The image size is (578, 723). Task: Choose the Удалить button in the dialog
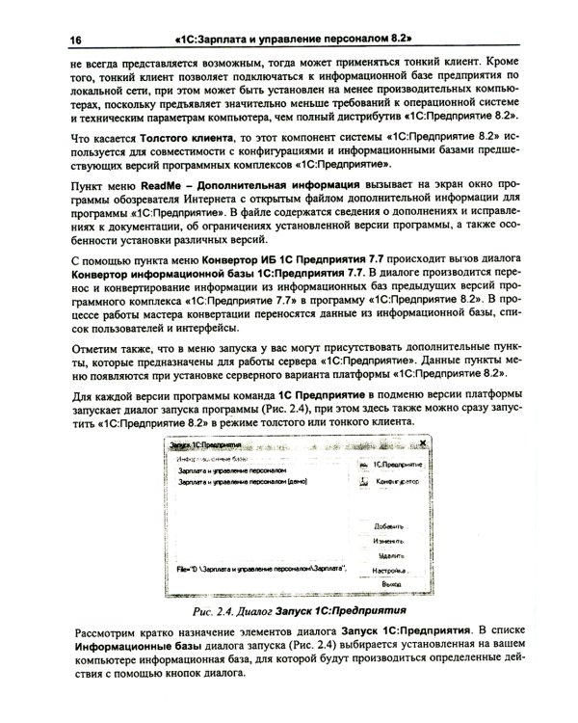[x=390, y=556]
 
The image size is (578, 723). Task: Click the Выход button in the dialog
[x=390, y=584]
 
